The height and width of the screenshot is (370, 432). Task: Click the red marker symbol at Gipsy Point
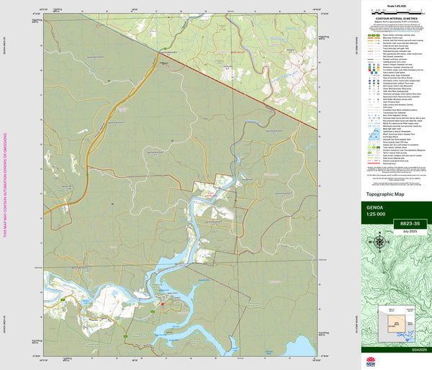[163, 304]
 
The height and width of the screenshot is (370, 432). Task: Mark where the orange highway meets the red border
[158, 51]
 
